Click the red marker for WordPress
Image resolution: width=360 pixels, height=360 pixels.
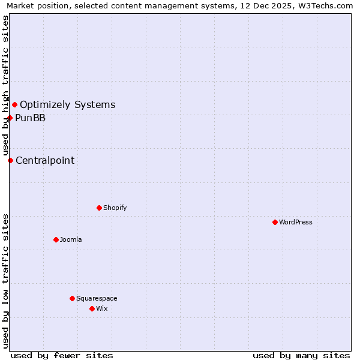point(275,222)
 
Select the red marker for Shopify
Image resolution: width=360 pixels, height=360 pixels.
point(99,208)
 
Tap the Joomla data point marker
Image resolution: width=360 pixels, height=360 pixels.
point(56,239)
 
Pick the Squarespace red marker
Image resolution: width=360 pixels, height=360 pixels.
point(72,298)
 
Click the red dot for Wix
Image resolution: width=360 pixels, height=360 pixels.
point(92,308)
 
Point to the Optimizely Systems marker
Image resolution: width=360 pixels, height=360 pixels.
point(14,105)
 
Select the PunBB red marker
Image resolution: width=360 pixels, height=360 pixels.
point(10,118)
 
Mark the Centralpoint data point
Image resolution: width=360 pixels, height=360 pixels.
point(10,160)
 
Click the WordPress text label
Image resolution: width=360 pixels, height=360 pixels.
point(296,222)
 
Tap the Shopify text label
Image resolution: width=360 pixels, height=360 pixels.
point(115,208)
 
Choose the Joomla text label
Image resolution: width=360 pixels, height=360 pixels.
point(71,239)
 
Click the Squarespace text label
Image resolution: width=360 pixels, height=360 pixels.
point(97,298)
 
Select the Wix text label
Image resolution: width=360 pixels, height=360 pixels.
point(102,308)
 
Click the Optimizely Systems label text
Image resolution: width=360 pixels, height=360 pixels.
point(67,105)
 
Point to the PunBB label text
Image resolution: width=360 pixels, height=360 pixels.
point(30,118)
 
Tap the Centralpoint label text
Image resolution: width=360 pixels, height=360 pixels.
point(45,160)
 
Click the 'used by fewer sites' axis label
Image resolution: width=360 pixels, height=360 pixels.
point(62,355)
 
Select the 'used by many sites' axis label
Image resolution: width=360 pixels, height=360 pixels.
point(301,355)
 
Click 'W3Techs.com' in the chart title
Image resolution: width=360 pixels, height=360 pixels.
point(325,6)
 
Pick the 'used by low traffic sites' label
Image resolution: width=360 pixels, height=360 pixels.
point(6,280)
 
